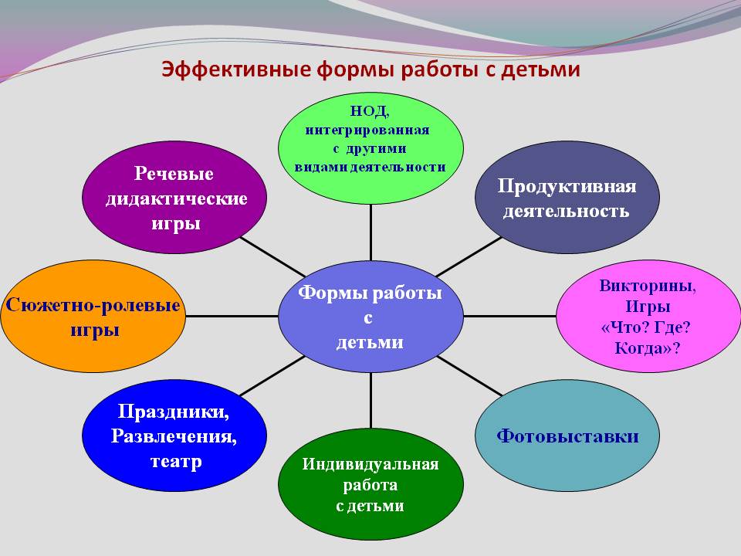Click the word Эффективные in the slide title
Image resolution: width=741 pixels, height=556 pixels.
pos(236,69)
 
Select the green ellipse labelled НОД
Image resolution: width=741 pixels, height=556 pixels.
pos(370,148)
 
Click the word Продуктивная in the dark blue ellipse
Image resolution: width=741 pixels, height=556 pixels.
pos(567,187)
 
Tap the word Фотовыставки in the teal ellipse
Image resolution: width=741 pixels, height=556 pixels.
pos(567,436)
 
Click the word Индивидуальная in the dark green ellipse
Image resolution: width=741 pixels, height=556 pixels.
pos(370,464)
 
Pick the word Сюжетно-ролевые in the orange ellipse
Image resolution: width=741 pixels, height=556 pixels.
pos(93,305)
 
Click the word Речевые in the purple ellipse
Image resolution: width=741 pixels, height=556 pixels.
pos(174,174)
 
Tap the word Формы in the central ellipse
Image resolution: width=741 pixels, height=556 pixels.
pos(331,293)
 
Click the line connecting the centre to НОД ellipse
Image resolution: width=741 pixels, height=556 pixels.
pos(370,232)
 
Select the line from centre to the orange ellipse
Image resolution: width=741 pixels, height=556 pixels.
pos(232,316)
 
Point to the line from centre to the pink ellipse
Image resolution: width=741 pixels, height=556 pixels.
pos(510,316)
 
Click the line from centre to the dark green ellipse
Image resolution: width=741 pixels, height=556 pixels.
pos(370,400)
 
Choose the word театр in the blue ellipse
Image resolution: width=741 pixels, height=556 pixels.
pos(176,461)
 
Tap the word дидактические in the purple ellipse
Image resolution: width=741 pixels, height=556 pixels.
pos(176,198)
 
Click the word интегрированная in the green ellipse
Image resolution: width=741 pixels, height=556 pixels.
pos(367,130)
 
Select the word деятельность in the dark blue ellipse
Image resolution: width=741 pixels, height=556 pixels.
pos(566,211)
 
